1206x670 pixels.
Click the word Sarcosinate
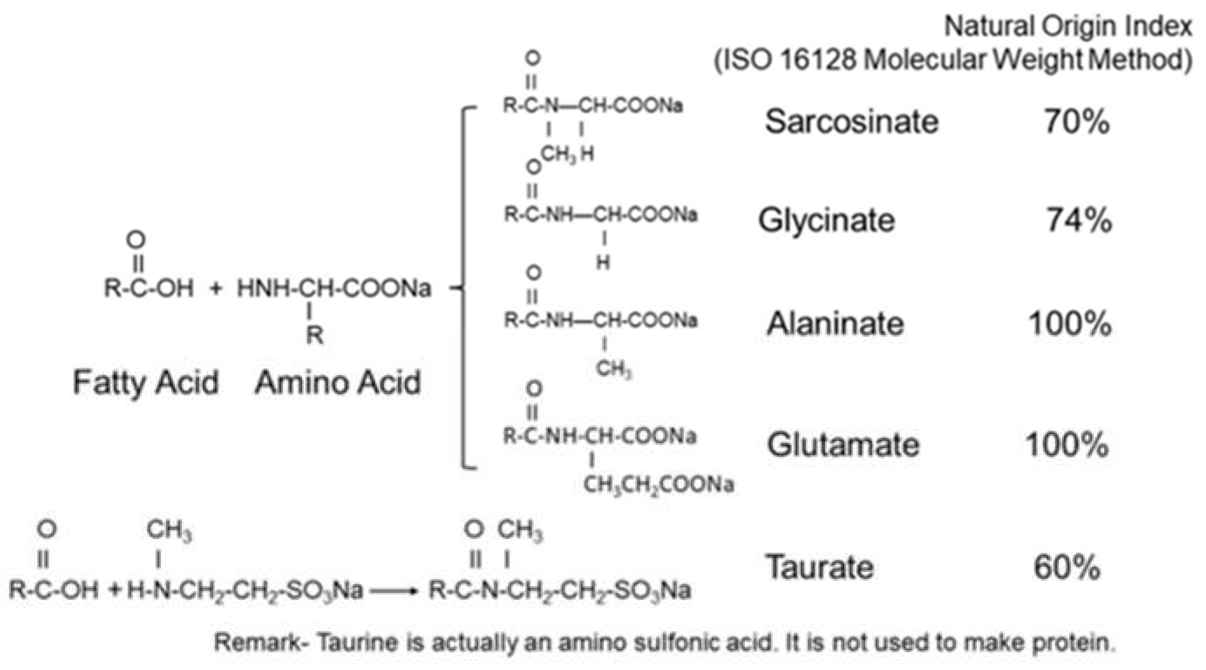(x=852, y=121)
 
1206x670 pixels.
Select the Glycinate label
(x=827, y=220)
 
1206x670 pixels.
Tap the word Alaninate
(x=835, y=323)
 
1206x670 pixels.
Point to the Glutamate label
(x=843, y=444)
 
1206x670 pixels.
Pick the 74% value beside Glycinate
(x=1079, y=220)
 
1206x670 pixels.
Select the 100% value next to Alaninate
(x=1070, y=323)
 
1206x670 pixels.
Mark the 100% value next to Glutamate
(x=1067, y=444)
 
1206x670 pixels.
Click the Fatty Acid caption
(x=146, y=383)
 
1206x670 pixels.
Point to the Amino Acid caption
(x=338, y=383)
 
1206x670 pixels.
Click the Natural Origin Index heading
(x=1068, y=26)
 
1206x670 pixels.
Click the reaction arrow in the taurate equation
(x=393, y=591)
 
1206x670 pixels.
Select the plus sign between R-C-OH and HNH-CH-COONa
(x=215, y=288)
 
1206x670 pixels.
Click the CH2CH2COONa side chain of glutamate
(x=658, y=485)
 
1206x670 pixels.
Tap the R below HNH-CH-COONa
(x=315, y=335)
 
